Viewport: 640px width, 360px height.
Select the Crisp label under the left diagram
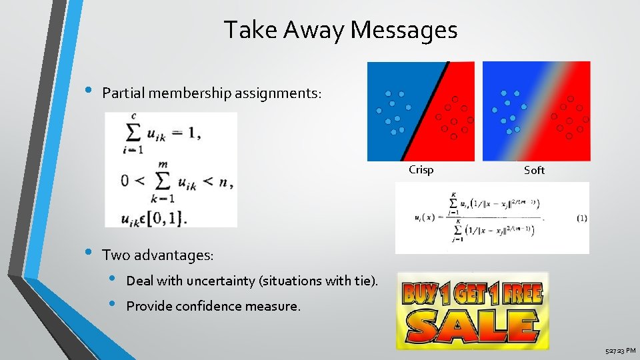tap(421, 169)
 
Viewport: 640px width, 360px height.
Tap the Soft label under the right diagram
tap(534, 170)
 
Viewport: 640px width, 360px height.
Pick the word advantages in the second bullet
tap(173, 255)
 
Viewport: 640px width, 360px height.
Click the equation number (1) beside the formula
tap(581, 218)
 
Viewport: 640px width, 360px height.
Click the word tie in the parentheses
tap(363, 281)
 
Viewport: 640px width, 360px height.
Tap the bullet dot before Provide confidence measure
tap(113, 305)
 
